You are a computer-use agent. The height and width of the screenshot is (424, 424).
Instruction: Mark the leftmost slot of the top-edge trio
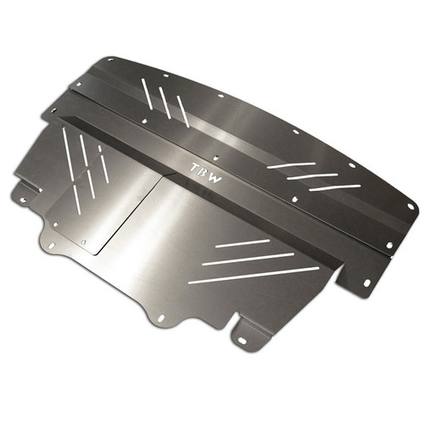[x=148, y=94]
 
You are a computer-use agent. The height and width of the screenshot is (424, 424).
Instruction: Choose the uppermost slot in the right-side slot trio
[x=291, y=165]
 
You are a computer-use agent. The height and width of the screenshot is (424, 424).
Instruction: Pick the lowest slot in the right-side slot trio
[x=334, y=187]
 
